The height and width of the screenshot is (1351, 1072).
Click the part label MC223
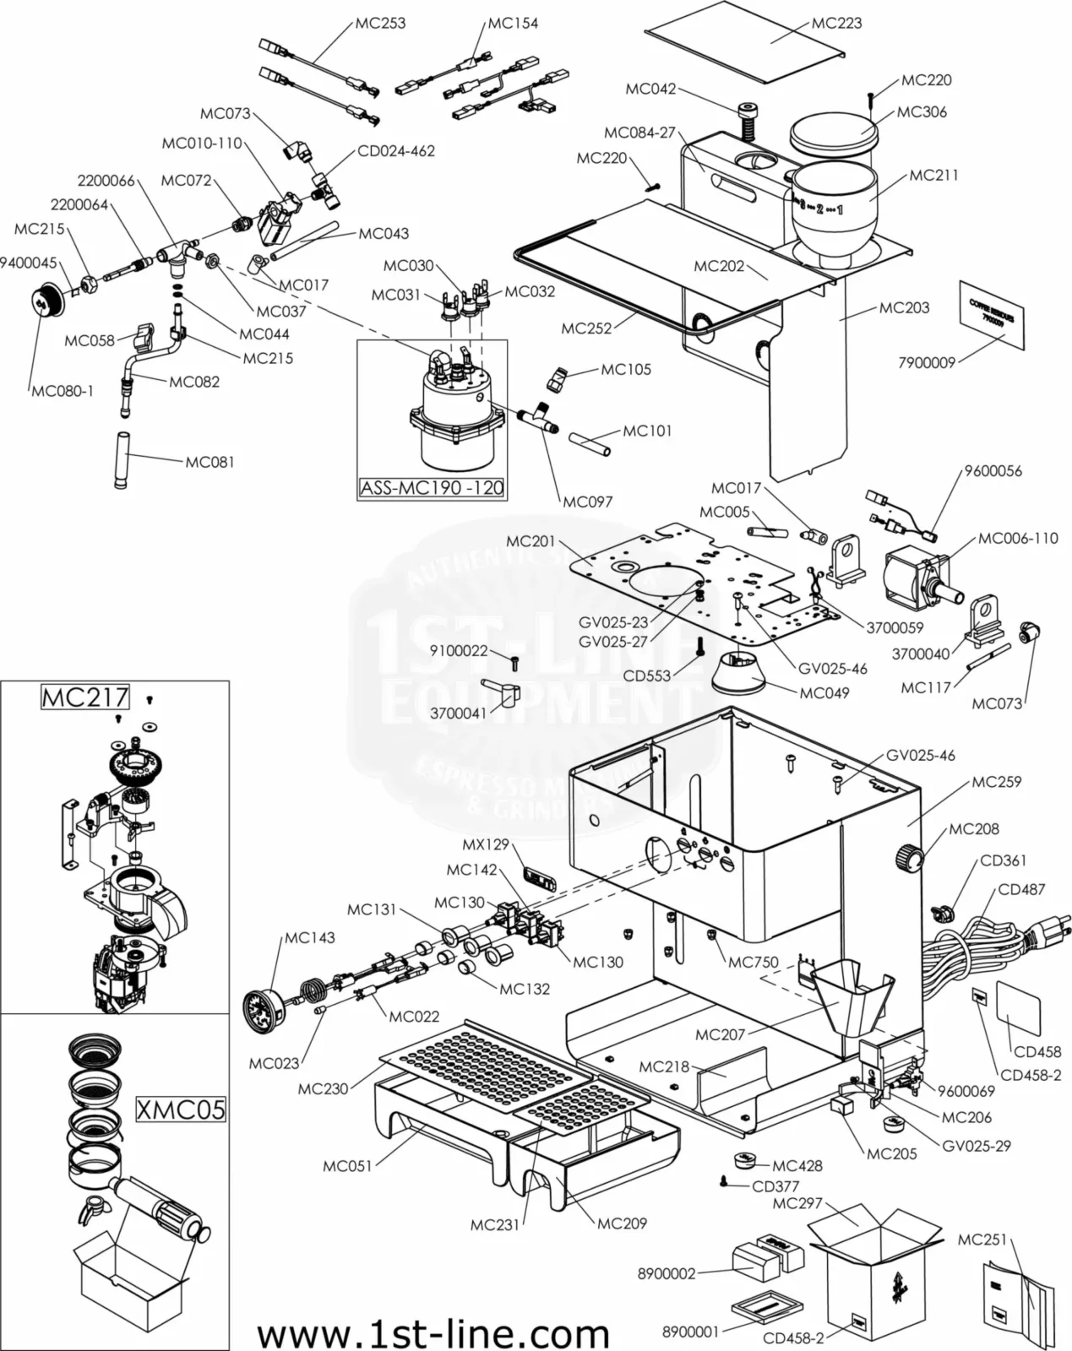(836, 23)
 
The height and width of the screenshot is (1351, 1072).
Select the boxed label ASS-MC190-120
(432, 487)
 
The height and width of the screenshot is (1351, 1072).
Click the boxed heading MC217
(85, 697)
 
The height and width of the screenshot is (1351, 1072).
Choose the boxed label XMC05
(181, 1109)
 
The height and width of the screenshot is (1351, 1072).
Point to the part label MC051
(347, 1166)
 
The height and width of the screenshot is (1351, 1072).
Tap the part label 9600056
(993, 471)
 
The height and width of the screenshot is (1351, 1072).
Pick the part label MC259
(996, 782)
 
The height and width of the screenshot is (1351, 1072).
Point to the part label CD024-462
(396, 151)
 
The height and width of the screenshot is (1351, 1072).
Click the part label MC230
(323, 1088)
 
